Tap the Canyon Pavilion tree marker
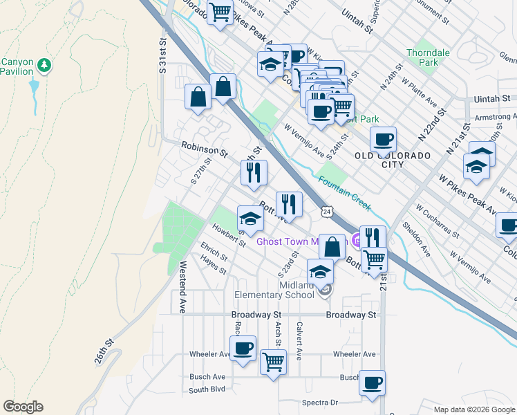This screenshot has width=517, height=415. tap(46, 65)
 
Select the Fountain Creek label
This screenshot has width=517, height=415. tap(345, 194)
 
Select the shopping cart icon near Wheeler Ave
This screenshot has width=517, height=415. tap(273, 361)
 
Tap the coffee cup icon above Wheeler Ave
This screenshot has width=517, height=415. tap(243, 348)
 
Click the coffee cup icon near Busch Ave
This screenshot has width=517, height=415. tap(373, 382)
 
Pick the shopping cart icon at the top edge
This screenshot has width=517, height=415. tap(220, 12)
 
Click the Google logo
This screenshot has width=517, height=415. tap(23, 407)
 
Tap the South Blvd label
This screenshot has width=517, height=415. tap(207, 389)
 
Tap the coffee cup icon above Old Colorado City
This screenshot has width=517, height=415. tap(382, 139)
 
